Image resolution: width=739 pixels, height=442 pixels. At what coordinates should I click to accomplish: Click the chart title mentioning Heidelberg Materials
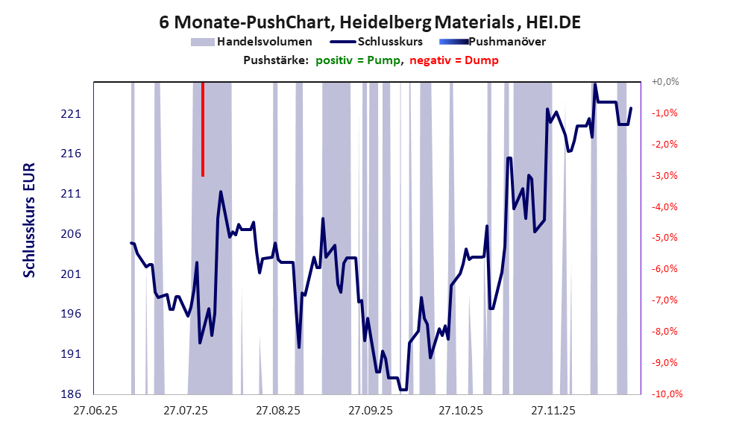click(x=370, y=22)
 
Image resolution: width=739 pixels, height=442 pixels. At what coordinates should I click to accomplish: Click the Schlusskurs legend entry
click(x=390, y=42)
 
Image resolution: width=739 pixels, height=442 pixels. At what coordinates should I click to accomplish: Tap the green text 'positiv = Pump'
click(x=359, y=60)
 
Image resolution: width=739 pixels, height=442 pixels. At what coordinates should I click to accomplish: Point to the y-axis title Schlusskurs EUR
click(x=30, y=238)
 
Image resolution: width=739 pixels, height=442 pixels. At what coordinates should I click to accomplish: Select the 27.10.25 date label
click(x=461, y=411)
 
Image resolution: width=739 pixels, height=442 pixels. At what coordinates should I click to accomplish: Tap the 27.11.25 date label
click(x=553, y=411)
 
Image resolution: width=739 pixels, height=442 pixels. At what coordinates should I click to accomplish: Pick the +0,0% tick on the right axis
click(x=664, y=82)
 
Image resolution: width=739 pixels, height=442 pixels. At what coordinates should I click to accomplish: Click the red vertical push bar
click(x=203, y=130)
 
